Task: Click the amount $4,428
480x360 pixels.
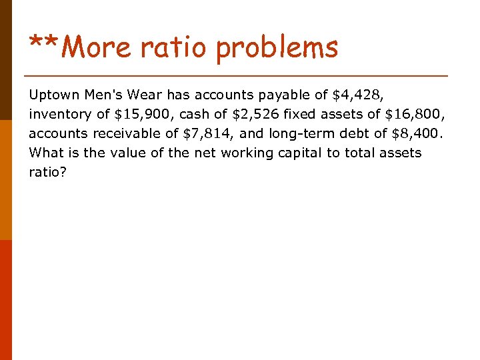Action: [357, 95]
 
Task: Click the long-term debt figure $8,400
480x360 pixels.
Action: [417, 133]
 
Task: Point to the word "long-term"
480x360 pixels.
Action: [298, 133]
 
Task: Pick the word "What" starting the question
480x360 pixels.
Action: [45, 153]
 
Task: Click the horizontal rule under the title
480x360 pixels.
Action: [235, 75]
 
